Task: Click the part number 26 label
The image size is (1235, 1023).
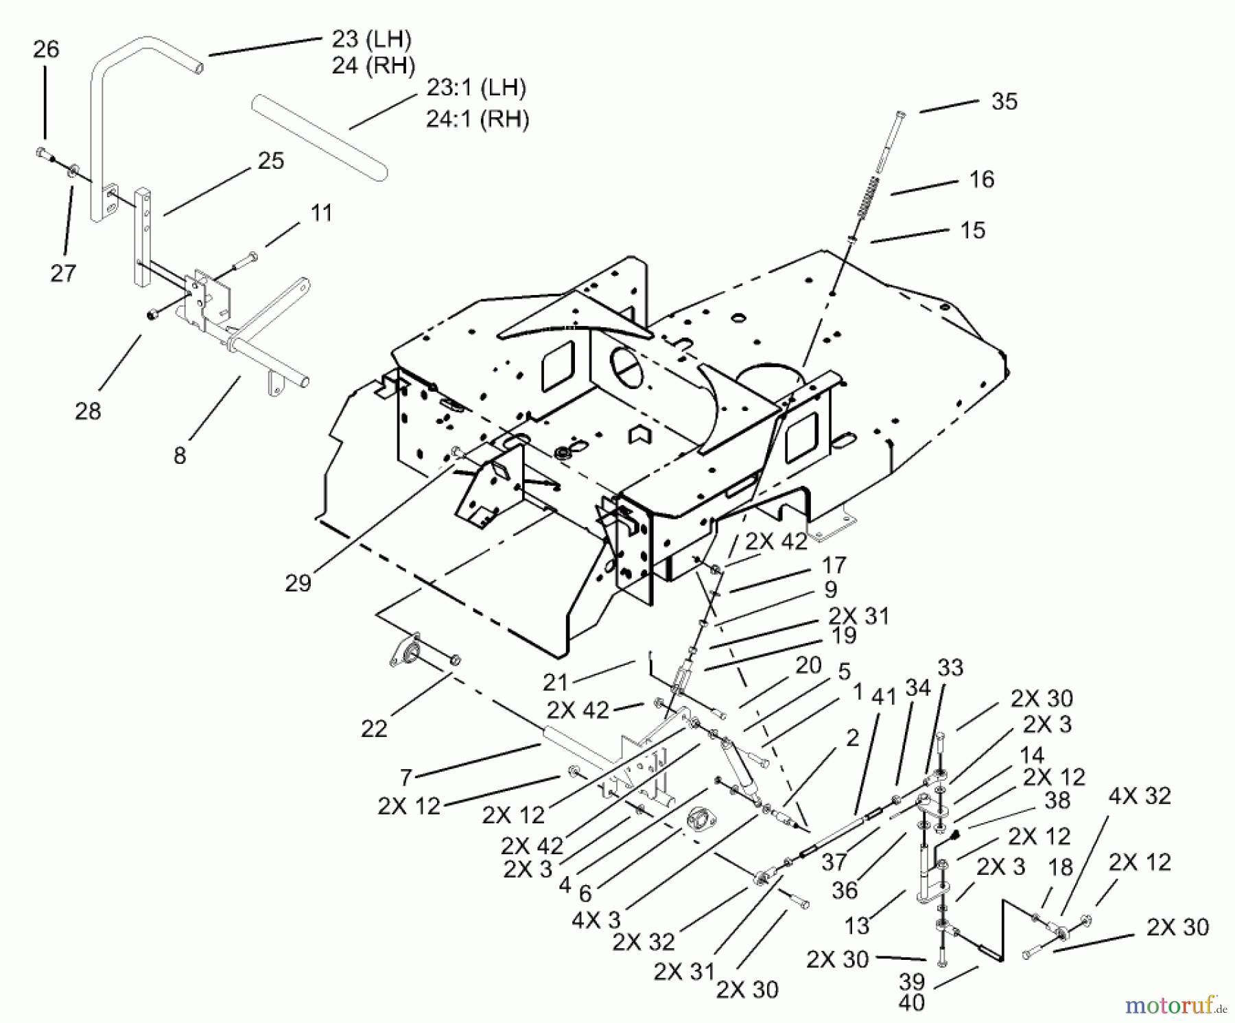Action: [46, 49]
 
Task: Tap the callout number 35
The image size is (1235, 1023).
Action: [1004, 102]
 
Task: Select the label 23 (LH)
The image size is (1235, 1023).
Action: [371, 40]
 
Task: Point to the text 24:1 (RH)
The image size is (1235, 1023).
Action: [478, 119]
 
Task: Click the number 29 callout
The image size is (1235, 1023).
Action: [298, 583]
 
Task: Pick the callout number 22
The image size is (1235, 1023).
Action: [374, 729]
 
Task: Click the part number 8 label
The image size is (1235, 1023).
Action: [180, 456]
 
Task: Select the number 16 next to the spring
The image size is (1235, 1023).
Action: [981, 180]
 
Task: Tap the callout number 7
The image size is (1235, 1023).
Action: [406, 778]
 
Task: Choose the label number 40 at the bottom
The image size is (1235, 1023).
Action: [911, 1002]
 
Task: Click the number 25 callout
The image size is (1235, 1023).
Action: [270, 161]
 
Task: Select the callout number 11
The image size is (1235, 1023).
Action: [321, 213]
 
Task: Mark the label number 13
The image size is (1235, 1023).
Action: [857, 926]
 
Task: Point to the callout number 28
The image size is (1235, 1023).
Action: [88, 411]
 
